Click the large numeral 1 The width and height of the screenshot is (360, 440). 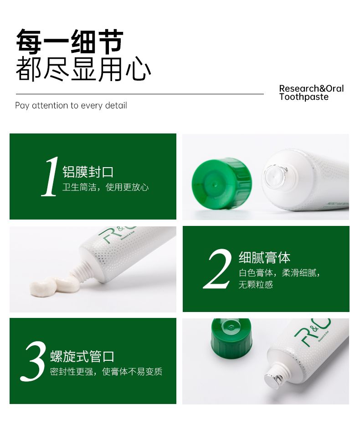51,176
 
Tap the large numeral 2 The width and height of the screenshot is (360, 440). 218,269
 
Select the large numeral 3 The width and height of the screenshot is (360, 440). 33,362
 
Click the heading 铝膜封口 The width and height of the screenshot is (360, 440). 88,172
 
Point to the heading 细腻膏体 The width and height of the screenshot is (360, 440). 264,258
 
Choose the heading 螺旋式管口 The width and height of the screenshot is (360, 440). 82,356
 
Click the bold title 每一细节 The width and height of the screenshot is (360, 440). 69,41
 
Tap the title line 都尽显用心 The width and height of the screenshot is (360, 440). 83,69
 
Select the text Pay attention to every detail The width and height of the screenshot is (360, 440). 71,106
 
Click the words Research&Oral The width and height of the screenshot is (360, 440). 311,88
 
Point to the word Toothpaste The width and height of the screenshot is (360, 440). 304,97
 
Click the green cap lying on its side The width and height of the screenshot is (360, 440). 222,184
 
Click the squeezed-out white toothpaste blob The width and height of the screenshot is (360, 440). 55,286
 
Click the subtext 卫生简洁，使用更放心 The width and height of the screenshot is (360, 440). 105,187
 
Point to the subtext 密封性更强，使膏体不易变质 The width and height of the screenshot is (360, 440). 106,372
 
